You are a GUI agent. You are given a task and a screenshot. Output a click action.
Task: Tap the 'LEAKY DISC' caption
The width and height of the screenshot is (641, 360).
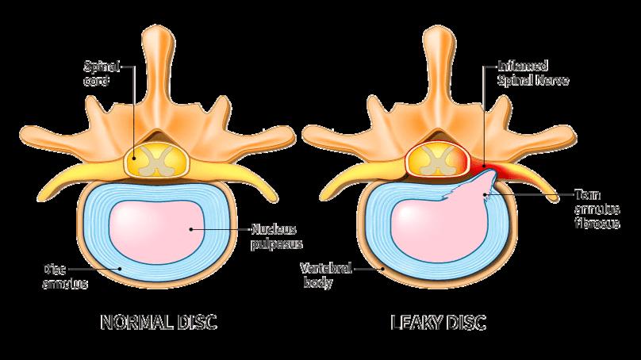438,323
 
